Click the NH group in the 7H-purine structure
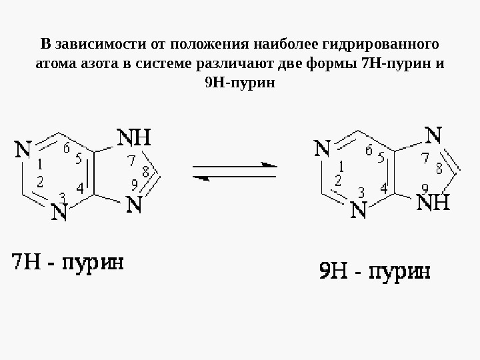pyautogui.click(x=135, y=137)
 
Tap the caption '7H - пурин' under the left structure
pyautogui.click(x=69, y=261)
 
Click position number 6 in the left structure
pyautogui.click(x=67, y=149)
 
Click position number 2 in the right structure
pyautogui.click(x=337, y=181)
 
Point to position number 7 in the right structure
pyautogui.click(x=425, y=159)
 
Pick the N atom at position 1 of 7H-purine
pyautogui.click(x=23, y=151)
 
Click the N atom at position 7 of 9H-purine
pyautogui.click(x=433, y=137)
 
